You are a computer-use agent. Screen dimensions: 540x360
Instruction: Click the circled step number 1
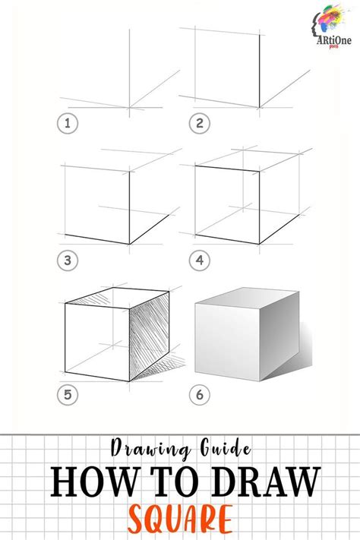(68, 124)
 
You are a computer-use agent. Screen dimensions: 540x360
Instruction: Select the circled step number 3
(68, 260)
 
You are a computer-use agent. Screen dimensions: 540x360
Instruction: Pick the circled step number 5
(68, 395)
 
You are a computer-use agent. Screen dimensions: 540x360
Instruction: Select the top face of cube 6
(245, 295)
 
